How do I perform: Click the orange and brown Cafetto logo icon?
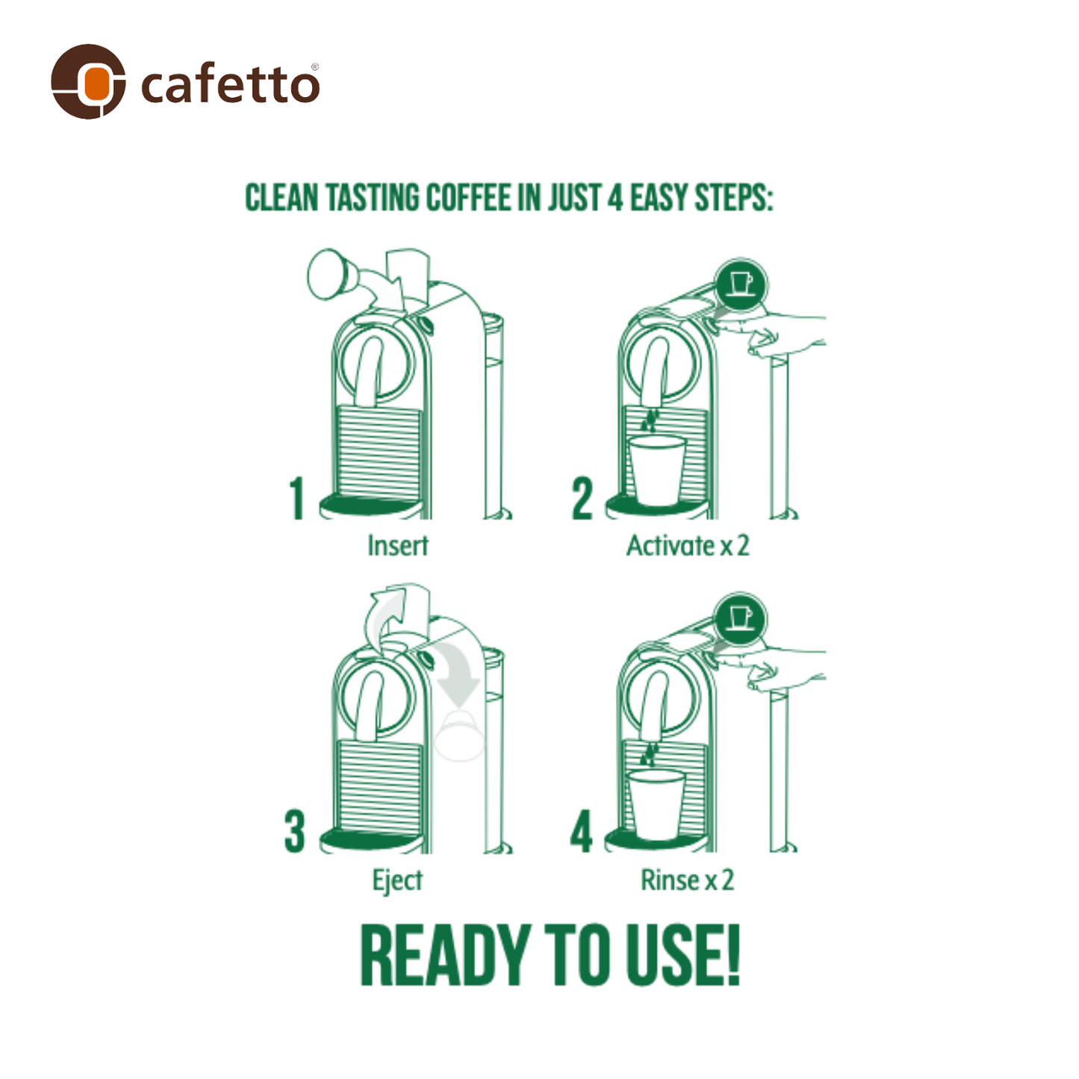[88, 81]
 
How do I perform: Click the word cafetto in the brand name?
[230, 84]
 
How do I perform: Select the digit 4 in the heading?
[615, 198]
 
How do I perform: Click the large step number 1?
[296, 498]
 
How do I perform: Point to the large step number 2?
[582, 498]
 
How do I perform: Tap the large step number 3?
[294, 832]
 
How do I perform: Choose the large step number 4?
[581, 832]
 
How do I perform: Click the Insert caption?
[397, 545]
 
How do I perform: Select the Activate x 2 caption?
[688, 545]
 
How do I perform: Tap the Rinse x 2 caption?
[687, 880]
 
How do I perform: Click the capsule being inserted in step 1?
[330, 274]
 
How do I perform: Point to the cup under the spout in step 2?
[657, 470]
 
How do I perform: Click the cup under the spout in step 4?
[656, 805]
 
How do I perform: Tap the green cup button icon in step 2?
[741, 285]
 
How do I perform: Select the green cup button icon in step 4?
[740, 619]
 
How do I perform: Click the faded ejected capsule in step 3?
[458, 736]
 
